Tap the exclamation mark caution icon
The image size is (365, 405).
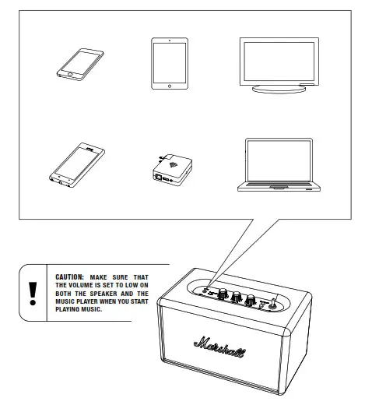pyautogui.click(x=32, y=292)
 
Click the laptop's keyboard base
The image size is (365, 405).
pyautogui.click(x=279, y=188)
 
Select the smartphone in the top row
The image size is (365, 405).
pyautogui.click(x=80, y=64)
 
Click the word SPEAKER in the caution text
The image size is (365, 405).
pyautogui.click(x=113, y=293)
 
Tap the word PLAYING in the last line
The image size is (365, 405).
pyautogui.click(x=72, y=309)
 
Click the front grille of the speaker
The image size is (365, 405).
pyautogui.click(x=226, y=358)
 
